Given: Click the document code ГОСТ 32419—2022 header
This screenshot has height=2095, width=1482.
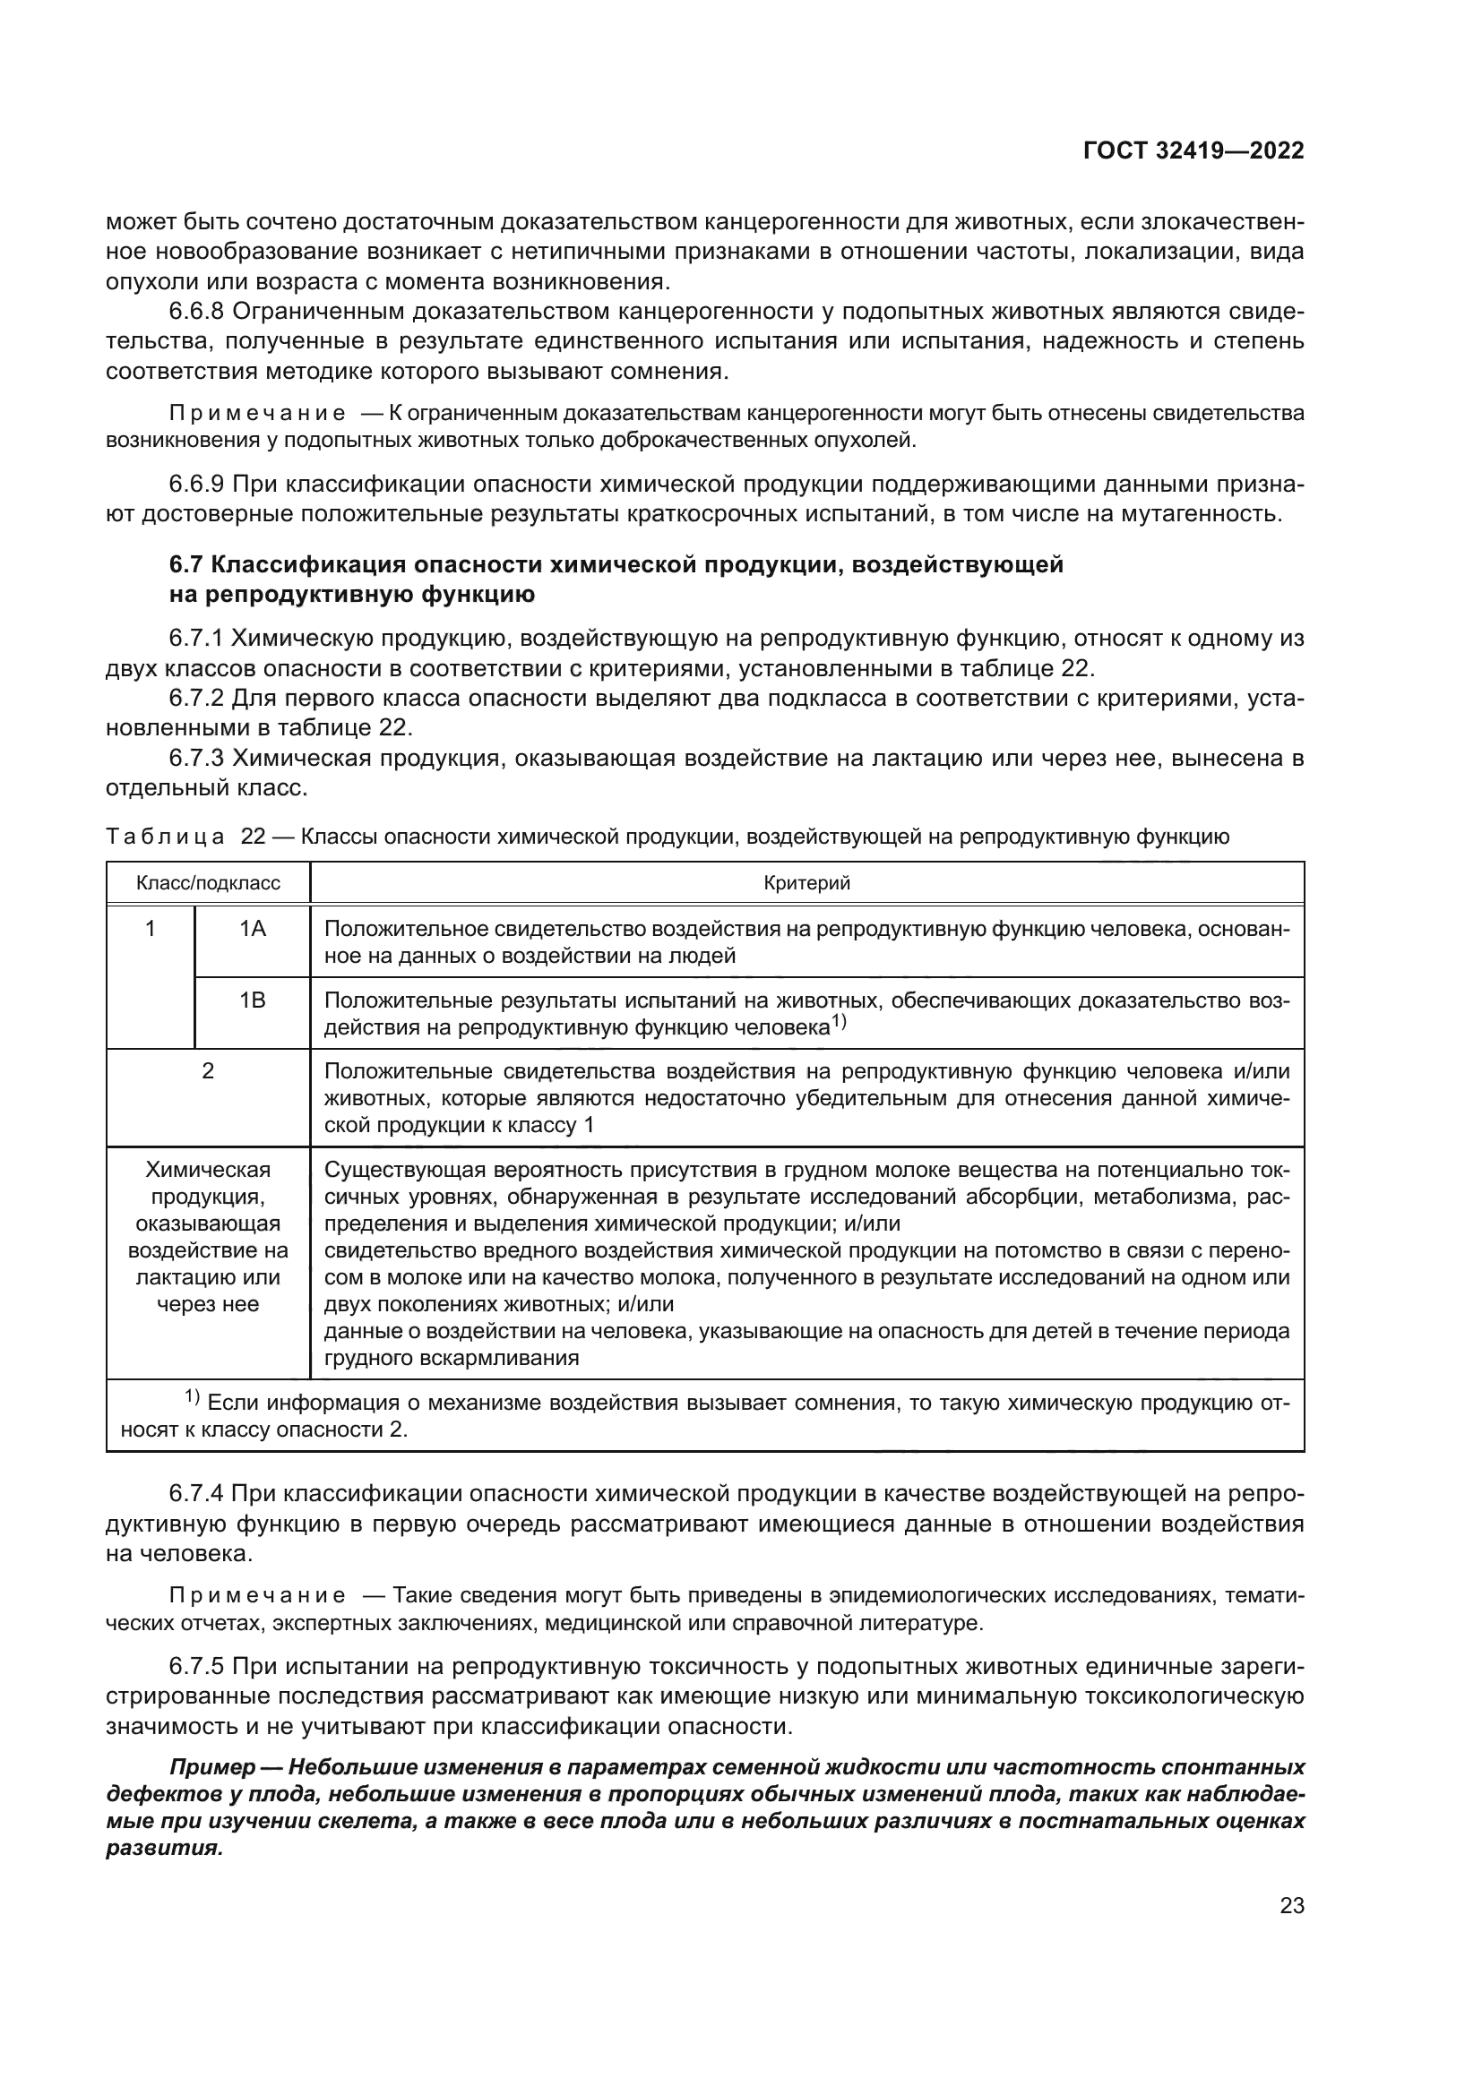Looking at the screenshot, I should click(x=1193, y=151).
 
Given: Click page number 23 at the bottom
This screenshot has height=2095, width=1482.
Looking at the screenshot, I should click(x=1291, y=1905).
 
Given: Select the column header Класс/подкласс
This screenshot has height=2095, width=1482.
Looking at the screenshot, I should click(x=208, y=883).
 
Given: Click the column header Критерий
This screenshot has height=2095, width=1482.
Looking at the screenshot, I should click(x=806, y=883).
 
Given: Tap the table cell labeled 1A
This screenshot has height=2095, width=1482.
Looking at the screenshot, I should click(x=252, y=930).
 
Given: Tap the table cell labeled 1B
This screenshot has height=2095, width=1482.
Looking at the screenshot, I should click(x=252, y=1001).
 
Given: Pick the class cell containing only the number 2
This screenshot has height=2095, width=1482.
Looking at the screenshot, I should click(x=208, y=1071).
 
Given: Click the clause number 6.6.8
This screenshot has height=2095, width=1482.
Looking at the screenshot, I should click(x=196, y=312).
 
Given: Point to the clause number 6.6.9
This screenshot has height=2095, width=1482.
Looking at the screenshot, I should click(x=196, y=485).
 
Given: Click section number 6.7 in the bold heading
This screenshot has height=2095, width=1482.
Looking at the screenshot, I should click(x=186, y=565).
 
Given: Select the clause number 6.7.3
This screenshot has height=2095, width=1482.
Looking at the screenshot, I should click(x=196, y=759).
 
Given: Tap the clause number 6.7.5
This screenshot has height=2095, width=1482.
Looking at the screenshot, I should click(x=196, y=1667).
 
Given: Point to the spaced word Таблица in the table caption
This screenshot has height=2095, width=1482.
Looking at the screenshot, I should click(x=165, y=837).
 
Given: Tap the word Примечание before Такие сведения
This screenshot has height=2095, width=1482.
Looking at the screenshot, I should click(x=257, y=1596).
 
